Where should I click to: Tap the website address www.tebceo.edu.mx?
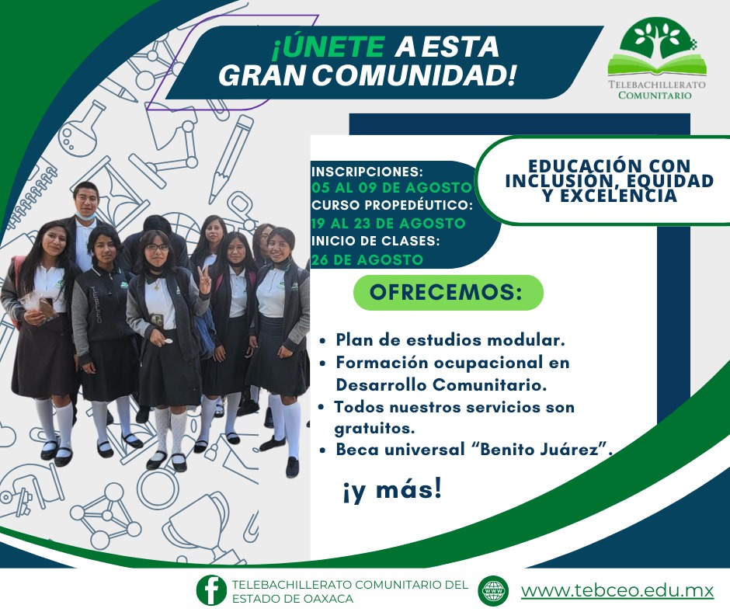(x=617, y=590)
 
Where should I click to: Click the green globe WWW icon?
(x=493, y=590)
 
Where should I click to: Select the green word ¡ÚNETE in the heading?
(x=328, y=47)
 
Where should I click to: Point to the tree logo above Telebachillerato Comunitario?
(x=656, y=48)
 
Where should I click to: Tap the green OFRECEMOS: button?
(x=448, y=293)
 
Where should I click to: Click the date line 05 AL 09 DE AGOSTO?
(x=391, y=188)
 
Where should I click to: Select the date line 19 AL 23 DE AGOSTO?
(x=388, y=224)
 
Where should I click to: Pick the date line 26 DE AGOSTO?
(x=367, y=260)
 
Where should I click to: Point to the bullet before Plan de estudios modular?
(x=323, y=341)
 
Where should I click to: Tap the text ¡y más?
(x=392, y=491)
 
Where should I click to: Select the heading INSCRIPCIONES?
(x=367, y=171)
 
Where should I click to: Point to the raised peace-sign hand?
(x=203, y=278)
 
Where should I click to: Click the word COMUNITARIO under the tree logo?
(x=656, y=96)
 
